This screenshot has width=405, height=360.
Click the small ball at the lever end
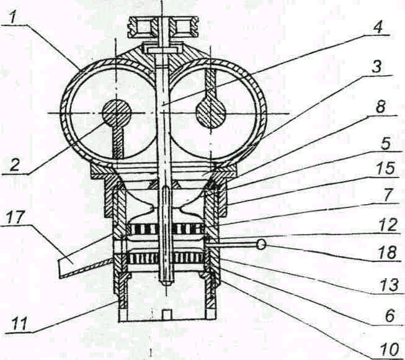pos(261,245)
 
